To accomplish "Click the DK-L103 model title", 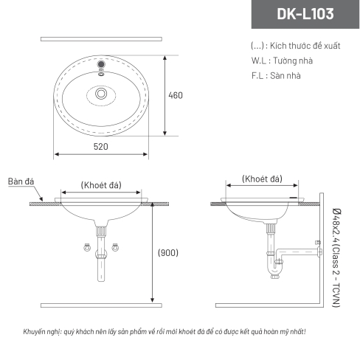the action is (305, 14).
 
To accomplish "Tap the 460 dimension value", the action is (176, 95).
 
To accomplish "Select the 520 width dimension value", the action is (101, 147).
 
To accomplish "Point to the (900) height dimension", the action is (168, 252).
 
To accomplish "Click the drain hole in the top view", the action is (101, 94).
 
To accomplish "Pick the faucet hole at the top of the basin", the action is (101, 64).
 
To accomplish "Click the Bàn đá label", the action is (21, 181).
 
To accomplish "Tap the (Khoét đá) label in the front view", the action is (101, 185).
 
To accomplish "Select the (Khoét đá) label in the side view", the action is (262, 179).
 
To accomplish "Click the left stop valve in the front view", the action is (87, 247).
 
